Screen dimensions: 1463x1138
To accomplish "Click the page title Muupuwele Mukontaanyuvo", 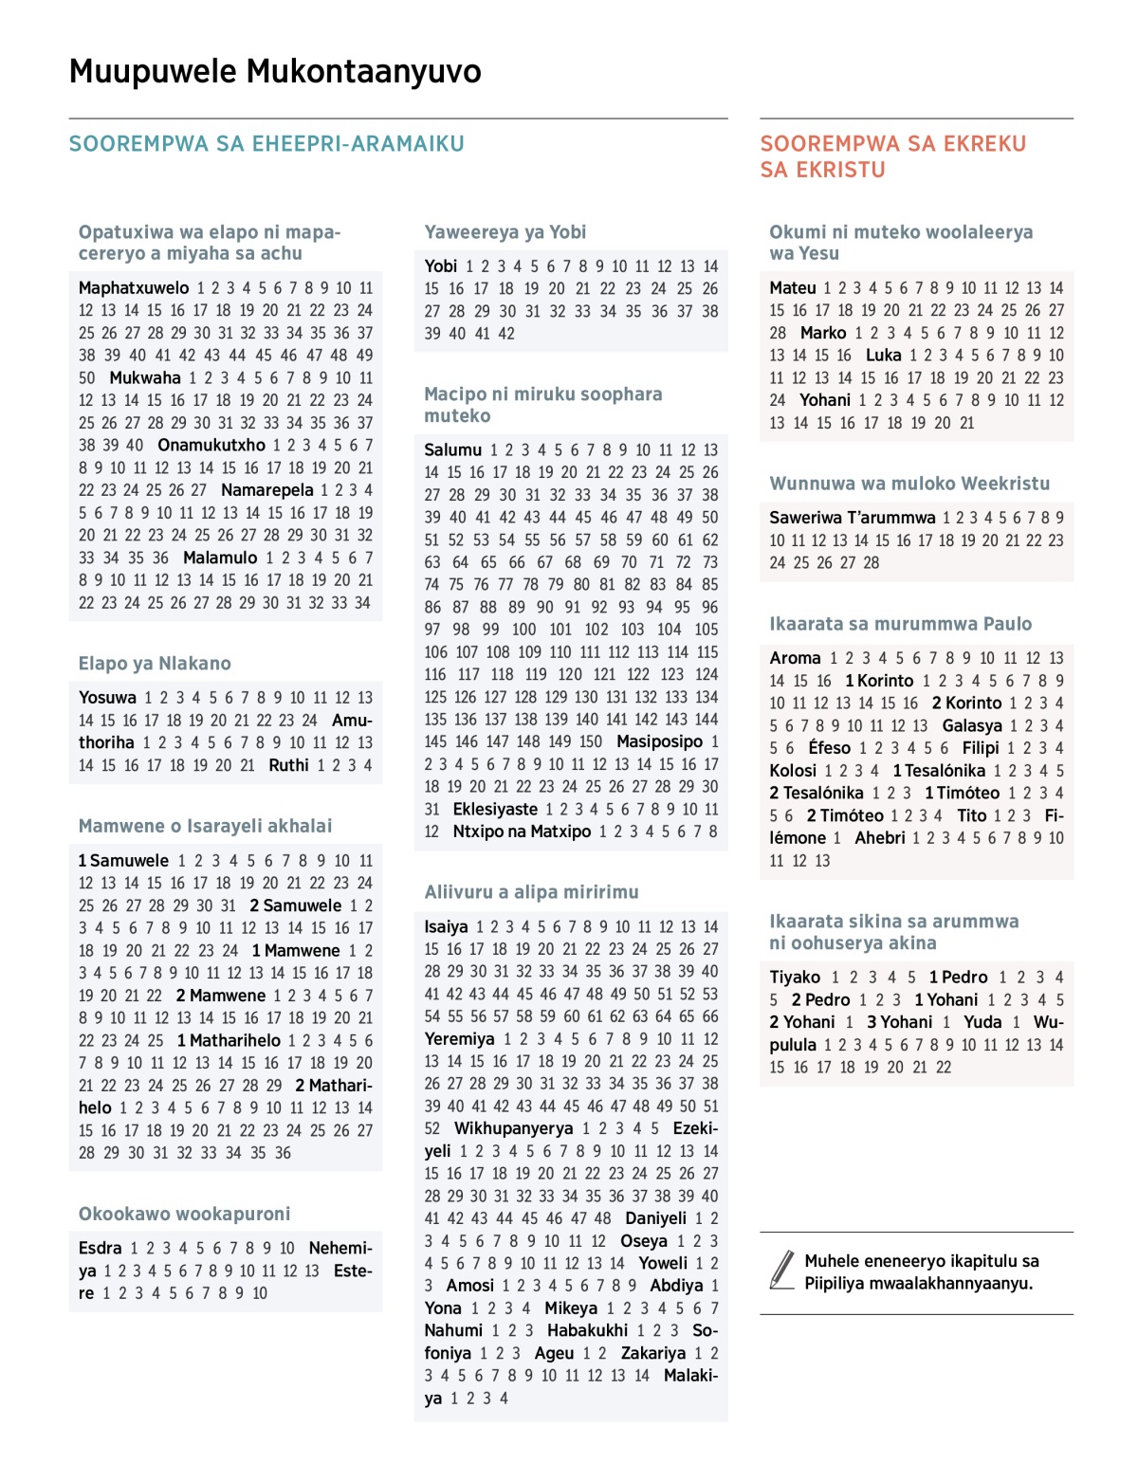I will [275, 72].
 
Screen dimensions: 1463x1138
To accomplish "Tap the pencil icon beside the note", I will [782, 1271].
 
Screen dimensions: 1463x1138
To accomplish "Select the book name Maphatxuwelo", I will [134, 287].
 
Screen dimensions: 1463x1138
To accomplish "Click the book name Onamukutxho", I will [211, 445].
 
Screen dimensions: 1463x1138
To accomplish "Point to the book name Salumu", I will [453, 449].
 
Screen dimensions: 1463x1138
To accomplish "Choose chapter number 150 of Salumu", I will [590, 741].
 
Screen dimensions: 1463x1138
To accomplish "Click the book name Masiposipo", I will [660, 741].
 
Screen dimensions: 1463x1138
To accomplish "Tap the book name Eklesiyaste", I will [495, 809].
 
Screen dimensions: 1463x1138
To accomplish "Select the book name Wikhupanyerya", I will [513, 1128].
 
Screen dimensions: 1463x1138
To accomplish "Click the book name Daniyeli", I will [655, 1218].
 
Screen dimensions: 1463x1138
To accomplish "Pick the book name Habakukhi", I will [587, 1330].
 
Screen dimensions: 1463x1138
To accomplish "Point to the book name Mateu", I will [793, 287].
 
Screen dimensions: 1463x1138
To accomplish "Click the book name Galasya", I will [972, 725].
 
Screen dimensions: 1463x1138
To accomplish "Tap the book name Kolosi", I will [793, 770].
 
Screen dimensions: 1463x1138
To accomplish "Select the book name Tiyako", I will [795, 977].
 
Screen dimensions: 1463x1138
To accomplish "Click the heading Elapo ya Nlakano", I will [155, 663].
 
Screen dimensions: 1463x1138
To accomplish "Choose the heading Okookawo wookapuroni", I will [184, 1214].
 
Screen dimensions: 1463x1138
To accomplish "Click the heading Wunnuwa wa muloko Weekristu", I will [909, 483].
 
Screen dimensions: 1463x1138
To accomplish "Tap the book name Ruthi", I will [288, 764].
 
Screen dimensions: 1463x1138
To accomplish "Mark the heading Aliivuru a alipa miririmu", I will [531, 891].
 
